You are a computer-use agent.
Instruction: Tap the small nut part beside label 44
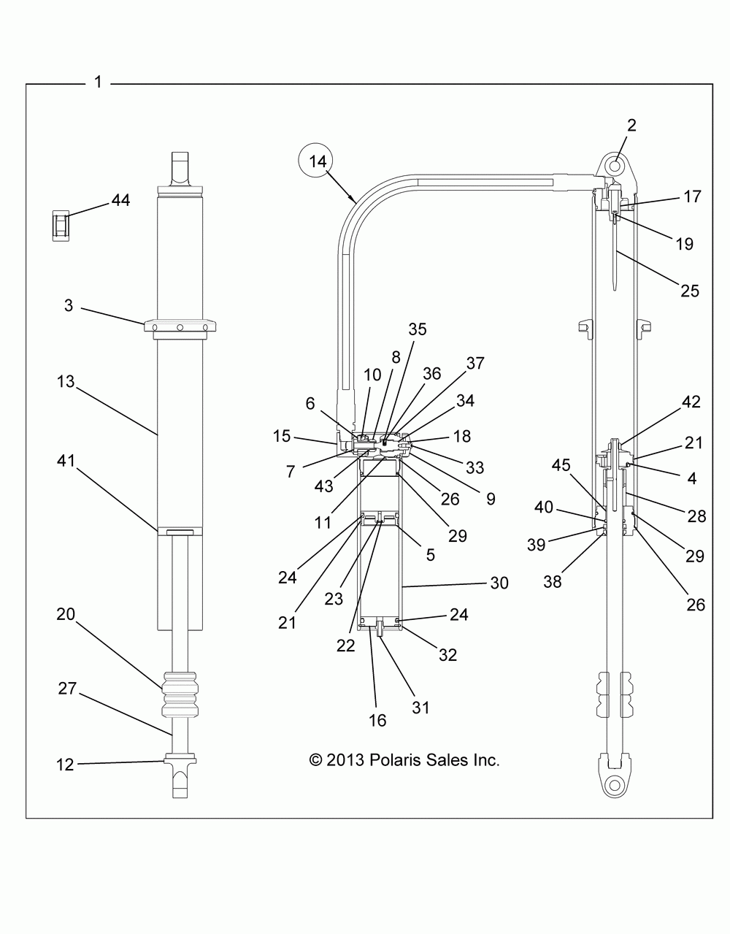pyautogui.click(x=61, y=225)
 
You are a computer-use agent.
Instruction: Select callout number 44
pyautogui.click(x=120, y=200)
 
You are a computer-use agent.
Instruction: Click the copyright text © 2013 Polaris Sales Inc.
pyautogui.click(x=404, y=760)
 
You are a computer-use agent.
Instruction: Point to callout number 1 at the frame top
pyautogui.click(x=99, y=82)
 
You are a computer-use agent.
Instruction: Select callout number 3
pyautogui.click(x=69, y=305)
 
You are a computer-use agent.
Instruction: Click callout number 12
pyautogui.click(x=65, y=765)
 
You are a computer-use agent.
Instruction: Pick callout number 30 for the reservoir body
pyautogui.click(x=499, y=583)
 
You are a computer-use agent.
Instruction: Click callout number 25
pyautogui.click(x=690, y=291)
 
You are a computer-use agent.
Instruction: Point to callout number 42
pyautogui.click(x=691, y=402)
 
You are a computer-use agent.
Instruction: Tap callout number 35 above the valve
pyautogui.click(x=418, y=329)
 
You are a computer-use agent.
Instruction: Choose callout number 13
pyautogui.click(x=66, y=381)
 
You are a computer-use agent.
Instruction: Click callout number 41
pyautogui.click(x=66, y=461)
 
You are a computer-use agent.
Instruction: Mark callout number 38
pyautogui.click(x=553, y=582)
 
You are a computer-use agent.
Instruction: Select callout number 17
pyautogui.click(x=692, y=196)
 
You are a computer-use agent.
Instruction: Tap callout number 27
pyautogui.click(x=67, y=688)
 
